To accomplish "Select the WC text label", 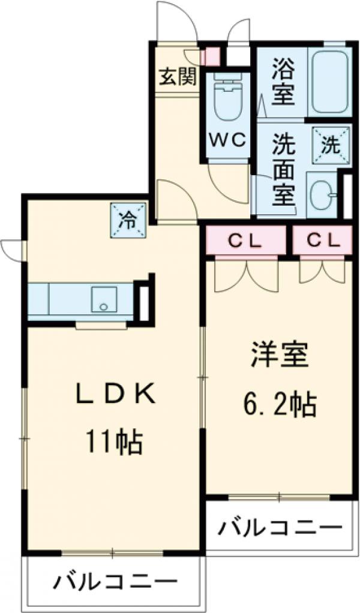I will point(227,140).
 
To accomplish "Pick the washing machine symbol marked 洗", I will point(331,144).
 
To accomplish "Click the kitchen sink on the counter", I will point(104,299).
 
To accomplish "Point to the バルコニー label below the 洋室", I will point(280,528).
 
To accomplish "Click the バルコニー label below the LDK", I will point(118,582).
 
